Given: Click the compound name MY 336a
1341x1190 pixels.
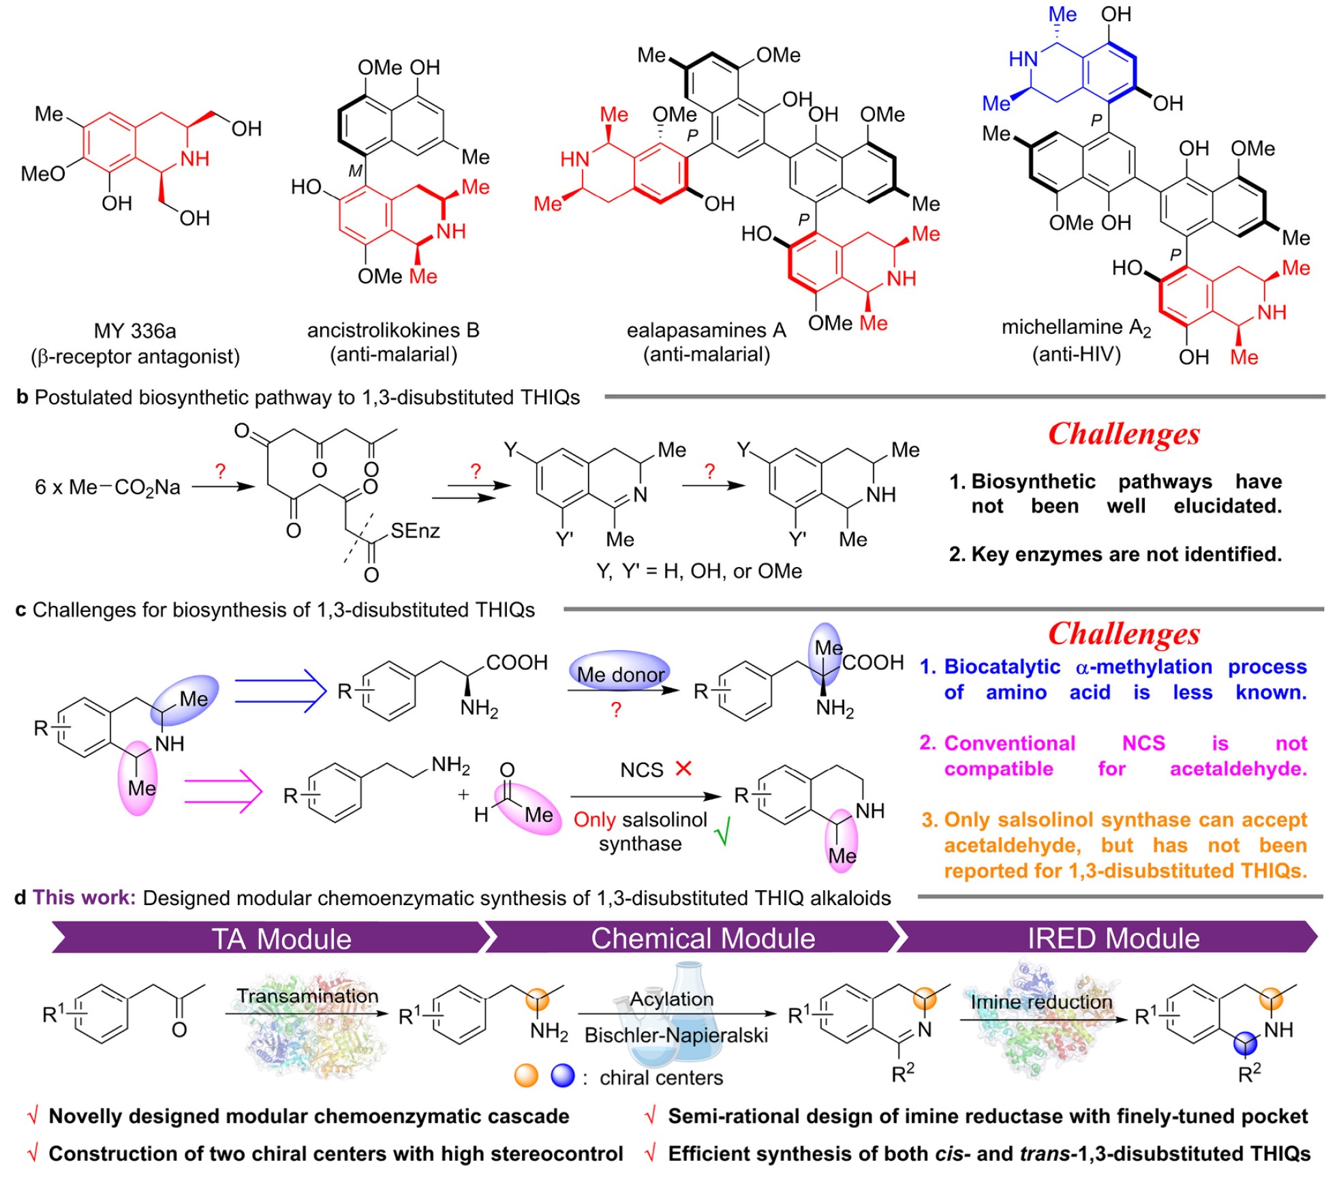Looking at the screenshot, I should click(135, 331).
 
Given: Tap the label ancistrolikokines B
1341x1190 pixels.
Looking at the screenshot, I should click(393, 331).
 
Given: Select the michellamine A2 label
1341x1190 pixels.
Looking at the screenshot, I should click(1076, 329).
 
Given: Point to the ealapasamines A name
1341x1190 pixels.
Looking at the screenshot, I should click(706, 331).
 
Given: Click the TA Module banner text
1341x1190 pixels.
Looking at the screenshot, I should click(281, 939).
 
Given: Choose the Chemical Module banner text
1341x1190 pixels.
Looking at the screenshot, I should click(703, 939).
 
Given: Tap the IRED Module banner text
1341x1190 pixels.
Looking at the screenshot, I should click(1113, 939).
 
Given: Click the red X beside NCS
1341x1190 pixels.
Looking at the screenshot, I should click(683, 769).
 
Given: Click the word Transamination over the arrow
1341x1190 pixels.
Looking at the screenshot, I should click(307, 996).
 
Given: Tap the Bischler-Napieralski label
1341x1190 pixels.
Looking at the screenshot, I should click(676, 1035).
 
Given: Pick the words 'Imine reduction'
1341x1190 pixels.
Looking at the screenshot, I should click(1041, 1002).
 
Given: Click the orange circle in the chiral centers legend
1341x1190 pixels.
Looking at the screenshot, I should click(527, 1076).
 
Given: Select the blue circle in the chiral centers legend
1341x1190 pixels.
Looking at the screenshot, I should click(563, 1076).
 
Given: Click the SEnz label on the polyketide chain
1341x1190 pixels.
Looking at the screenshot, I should click(415, 530).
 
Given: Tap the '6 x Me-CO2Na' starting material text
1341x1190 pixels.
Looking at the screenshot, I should click(108, 487).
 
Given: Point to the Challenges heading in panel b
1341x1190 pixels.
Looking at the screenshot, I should click(1124, 434).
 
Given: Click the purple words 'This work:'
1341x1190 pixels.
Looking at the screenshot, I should click(84, 898).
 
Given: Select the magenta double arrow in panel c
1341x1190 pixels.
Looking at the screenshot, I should click(223, 791).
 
